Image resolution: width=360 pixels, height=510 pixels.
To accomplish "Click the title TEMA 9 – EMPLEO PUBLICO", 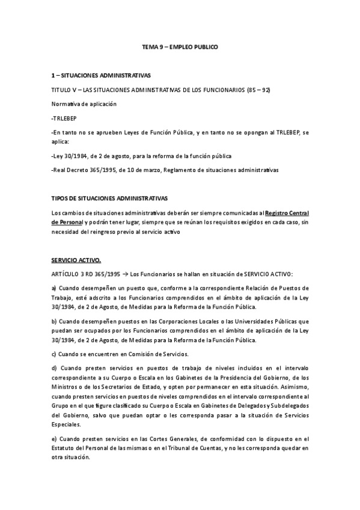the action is pos(180,46).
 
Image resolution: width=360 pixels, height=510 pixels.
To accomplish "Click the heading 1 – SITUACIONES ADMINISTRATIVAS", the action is pos(100,75).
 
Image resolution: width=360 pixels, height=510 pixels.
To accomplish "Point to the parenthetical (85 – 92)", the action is pos(258,90).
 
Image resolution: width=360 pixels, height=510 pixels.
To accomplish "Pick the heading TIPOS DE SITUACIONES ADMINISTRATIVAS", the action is pos(110,198).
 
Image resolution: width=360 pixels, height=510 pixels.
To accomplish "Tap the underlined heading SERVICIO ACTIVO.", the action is pos(76,260).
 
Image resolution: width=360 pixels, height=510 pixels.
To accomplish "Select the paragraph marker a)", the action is pos(54,289).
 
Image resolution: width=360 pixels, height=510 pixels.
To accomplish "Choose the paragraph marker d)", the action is pos(55,367).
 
